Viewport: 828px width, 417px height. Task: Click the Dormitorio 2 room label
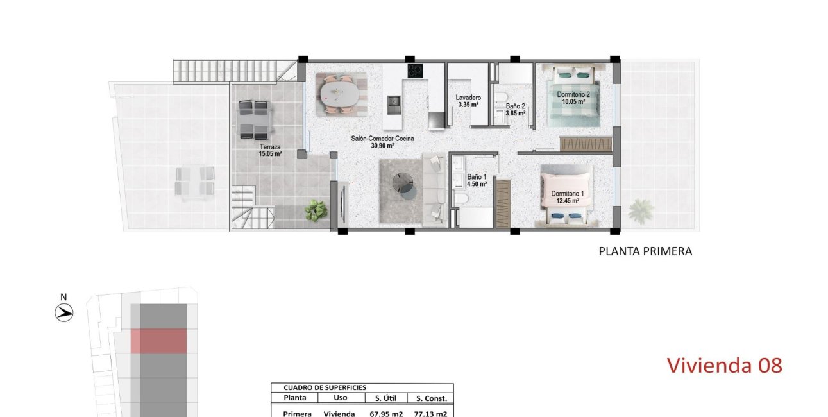coord(573,94)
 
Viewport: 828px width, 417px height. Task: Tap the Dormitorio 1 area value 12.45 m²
coord(566,201)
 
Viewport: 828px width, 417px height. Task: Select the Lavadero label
coord(468,98)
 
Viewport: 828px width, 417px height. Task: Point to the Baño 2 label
coord(515,106)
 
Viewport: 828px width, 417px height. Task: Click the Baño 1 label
coord(477,176)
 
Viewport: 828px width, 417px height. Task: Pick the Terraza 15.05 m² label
coord(270,147)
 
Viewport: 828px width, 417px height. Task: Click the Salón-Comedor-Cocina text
coord(382,139)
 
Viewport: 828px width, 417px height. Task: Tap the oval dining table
coord(341,92)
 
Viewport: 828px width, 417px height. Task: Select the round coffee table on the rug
coord(404,183)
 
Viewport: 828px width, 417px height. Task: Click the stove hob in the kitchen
coord(415,71)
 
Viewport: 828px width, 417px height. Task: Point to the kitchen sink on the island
coord(394,101)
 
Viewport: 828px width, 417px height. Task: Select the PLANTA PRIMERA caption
coord(645,251)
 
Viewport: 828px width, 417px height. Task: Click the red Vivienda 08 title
coord(724,365)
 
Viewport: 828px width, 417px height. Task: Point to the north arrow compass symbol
coord(64,312)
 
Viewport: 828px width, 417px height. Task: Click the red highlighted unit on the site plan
coord(158,341)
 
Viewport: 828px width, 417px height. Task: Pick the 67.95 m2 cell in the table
coord(386,414)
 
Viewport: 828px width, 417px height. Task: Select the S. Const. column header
coord(431,398)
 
